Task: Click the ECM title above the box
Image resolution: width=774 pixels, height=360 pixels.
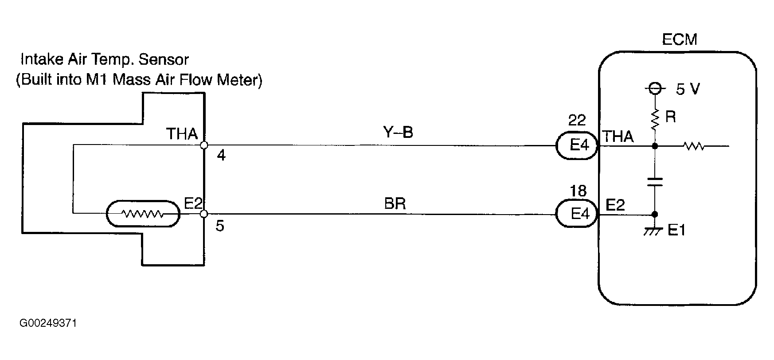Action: (679, 39)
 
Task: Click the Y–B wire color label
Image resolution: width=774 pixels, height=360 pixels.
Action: (398, 132)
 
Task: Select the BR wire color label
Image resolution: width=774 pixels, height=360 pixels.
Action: (395, 203)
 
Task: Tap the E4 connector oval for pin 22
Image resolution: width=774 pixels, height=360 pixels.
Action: (578, 145)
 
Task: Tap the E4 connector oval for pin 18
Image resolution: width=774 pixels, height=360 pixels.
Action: (578, 214)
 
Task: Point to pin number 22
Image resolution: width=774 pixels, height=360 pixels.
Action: (577, 120)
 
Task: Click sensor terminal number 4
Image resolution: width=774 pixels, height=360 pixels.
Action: (221, 156)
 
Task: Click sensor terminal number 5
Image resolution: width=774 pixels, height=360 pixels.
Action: (220, 226)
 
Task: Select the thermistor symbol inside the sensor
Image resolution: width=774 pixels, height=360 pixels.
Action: (143, 215)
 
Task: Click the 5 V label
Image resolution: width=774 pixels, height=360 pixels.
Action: (688, 90)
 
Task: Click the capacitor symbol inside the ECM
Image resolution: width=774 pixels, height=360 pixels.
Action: (655, 182)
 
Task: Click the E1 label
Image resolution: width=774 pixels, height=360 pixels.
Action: (676, 231)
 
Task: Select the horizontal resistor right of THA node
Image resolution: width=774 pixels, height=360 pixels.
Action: (694, 145)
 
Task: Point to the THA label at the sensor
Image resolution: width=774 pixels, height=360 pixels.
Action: (182, 133)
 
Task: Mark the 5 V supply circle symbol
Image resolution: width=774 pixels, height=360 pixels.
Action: (655, 90)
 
